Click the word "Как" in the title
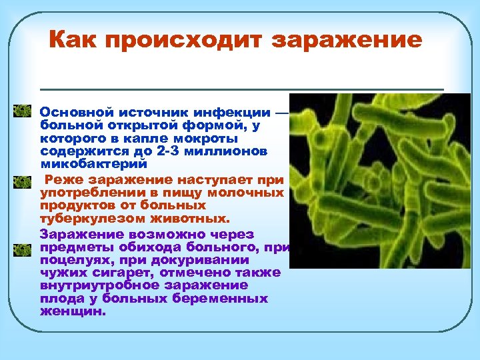76,40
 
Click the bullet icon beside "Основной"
23,110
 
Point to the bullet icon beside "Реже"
23,181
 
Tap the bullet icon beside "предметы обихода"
23,250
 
